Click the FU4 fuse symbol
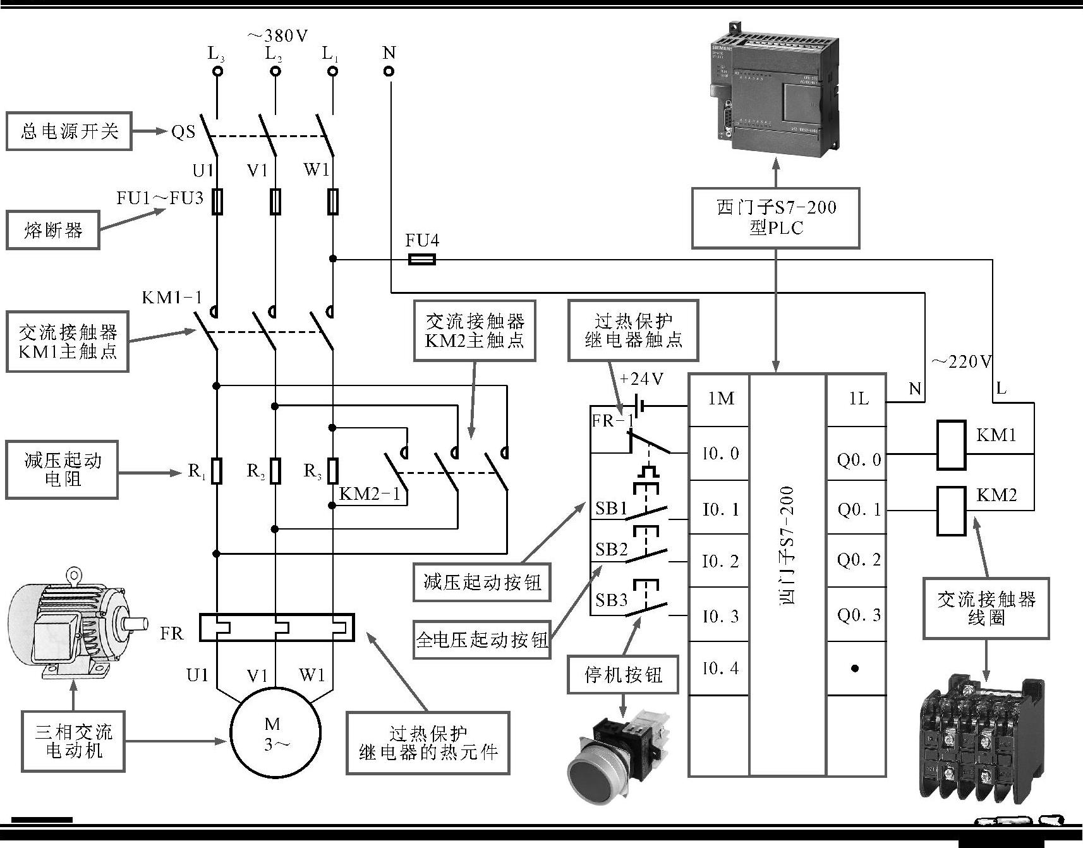pos(421,259)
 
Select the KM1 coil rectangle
pos(950,445)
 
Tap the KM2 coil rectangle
pos(950,511)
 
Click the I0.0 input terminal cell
pos(719,453)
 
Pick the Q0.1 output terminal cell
pos(857,509)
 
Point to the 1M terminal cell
pos(719,399)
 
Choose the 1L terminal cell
pos(857,399)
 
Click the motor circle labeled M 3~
pos(275,732)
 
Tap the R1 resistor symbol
pos(216,471)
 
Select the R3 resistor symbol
pos(332,471)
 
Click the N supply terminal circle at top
pos(389,71)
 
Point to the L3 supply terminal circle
pos(217,71)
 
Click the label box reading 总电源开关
pos(69,131)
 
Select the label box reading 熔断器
pos(53,230)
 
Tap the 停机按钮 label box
pos(623,675)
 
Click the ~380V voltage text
pos(278,36)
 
